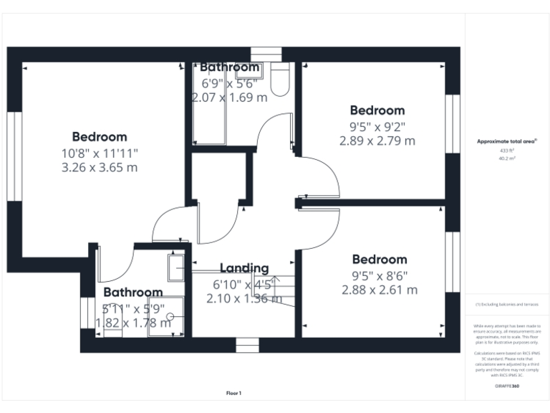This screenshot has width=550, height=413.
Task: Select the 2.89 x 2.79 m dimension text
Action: (377, 141)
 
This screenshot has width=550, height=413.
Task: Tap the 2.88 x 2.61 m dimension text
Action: (380, 290)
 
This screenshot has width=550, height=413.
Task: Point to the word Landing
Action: (243, 268)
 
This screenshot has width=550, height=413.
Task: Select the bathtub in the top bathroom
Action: (210, 108)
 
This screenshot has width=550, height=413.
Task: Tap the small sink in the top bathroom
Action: (256, 70)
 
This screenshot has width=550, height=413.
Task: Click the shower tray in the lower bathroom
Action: (166, 316)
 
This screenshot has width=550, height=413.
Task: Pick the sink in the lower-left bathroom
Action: (176, 267)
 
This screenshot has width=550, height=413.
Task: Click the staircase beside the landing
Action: (277, 287)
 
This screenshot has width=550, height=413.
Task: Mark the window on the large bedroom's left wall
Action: (12, 156)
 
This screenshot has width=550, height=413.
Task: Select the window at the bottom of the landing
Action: (247, 345)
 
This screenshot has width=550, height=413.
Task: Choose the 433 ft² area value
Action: (507, 151)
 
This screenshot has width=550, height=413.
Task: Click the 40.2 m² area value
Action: (507, 158)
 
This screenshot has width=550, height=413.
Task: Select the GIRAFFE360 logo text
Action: (507, 386)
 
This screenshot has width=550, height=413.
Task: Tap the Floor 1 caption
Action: (234, 393)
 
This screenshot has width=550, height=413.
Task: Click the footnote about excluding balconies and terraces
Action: (507, 305)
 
